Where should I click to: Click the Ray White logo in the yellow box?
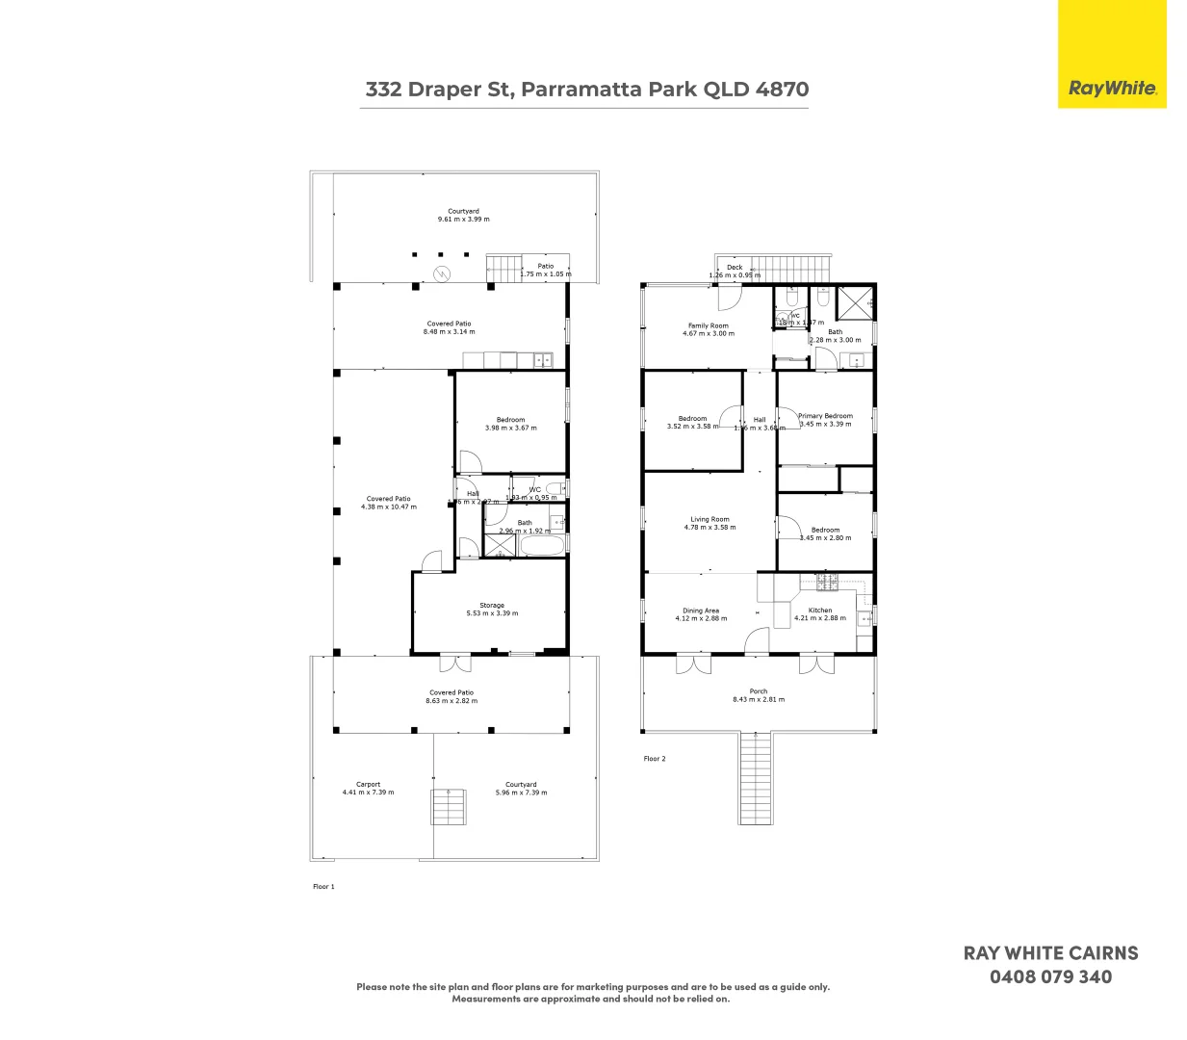[1112, 89]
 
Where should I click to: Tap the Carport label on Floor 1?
[368, 785]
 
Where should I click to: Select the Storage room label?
[492, 606]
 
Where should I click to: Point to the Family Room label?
[708, 325]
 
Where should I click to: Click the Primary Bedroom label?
[825, 416]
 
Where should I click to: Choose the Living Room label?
[710, 519]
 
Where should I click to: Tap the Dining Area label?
[701, 611]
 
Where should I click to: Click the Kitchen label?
[820, 611]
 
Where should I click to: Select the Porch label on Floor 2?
[759, 691]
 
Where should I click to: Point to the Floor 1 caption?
[323, 887]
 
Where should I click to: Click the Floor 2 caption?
[655, 759]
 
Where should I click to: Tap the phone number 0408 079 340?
[1050, 976]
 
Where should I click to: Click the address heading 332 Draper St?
[586, 90]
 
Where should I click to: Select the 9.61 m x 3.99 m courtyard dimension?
[463, 220]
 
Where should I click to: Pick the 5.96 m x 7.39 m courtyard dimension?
[521, 793]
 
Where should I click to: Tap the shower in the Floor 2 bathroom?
[854, 301]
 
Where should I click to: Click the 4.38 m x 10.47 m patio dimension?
[389, 507]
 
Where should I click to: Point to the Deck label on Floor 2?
[735, 268]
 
